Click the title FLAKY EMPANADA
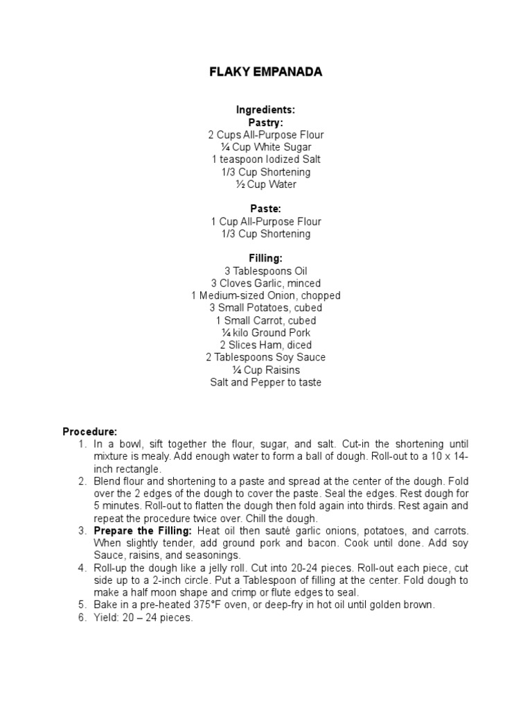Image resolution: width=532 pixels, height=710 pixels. [265, 72]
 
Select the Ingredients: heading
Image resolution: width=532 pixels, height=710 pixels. [265, 110]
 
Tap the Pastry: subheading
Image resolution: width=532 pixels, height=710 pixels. [265, 122]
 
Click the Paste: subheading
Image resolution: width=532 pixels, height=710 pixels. [265, 209]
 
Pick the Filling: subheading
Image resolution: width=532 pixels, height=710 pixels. [265, 259]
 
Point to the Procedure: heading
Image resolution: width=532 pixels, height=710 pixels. [90, 431]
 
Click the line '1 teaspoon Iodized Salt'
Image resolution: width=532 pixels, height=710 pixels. [265, 159]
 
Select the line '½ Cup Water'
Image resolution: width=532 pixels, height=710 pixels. [265, 184]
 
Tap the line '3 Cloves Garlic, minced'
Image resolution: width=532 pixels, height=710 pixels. [265, 283]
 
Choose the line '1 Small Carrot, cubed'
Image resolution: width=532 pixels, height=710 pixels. [265, 320]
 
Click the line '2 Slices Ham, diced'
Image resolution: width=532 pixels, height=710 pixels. [265, 345]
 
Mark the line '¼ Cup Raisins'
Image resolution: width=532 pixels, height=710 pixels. [265, 370]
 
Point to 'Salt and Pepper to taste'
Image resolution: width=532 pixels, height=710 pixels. [265, 382]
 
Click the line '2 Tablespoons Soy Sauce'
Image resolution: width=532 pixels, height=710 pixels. [265, 357]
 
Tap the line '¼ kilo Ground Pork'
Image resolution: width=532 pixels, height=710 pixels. [265, 333]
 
